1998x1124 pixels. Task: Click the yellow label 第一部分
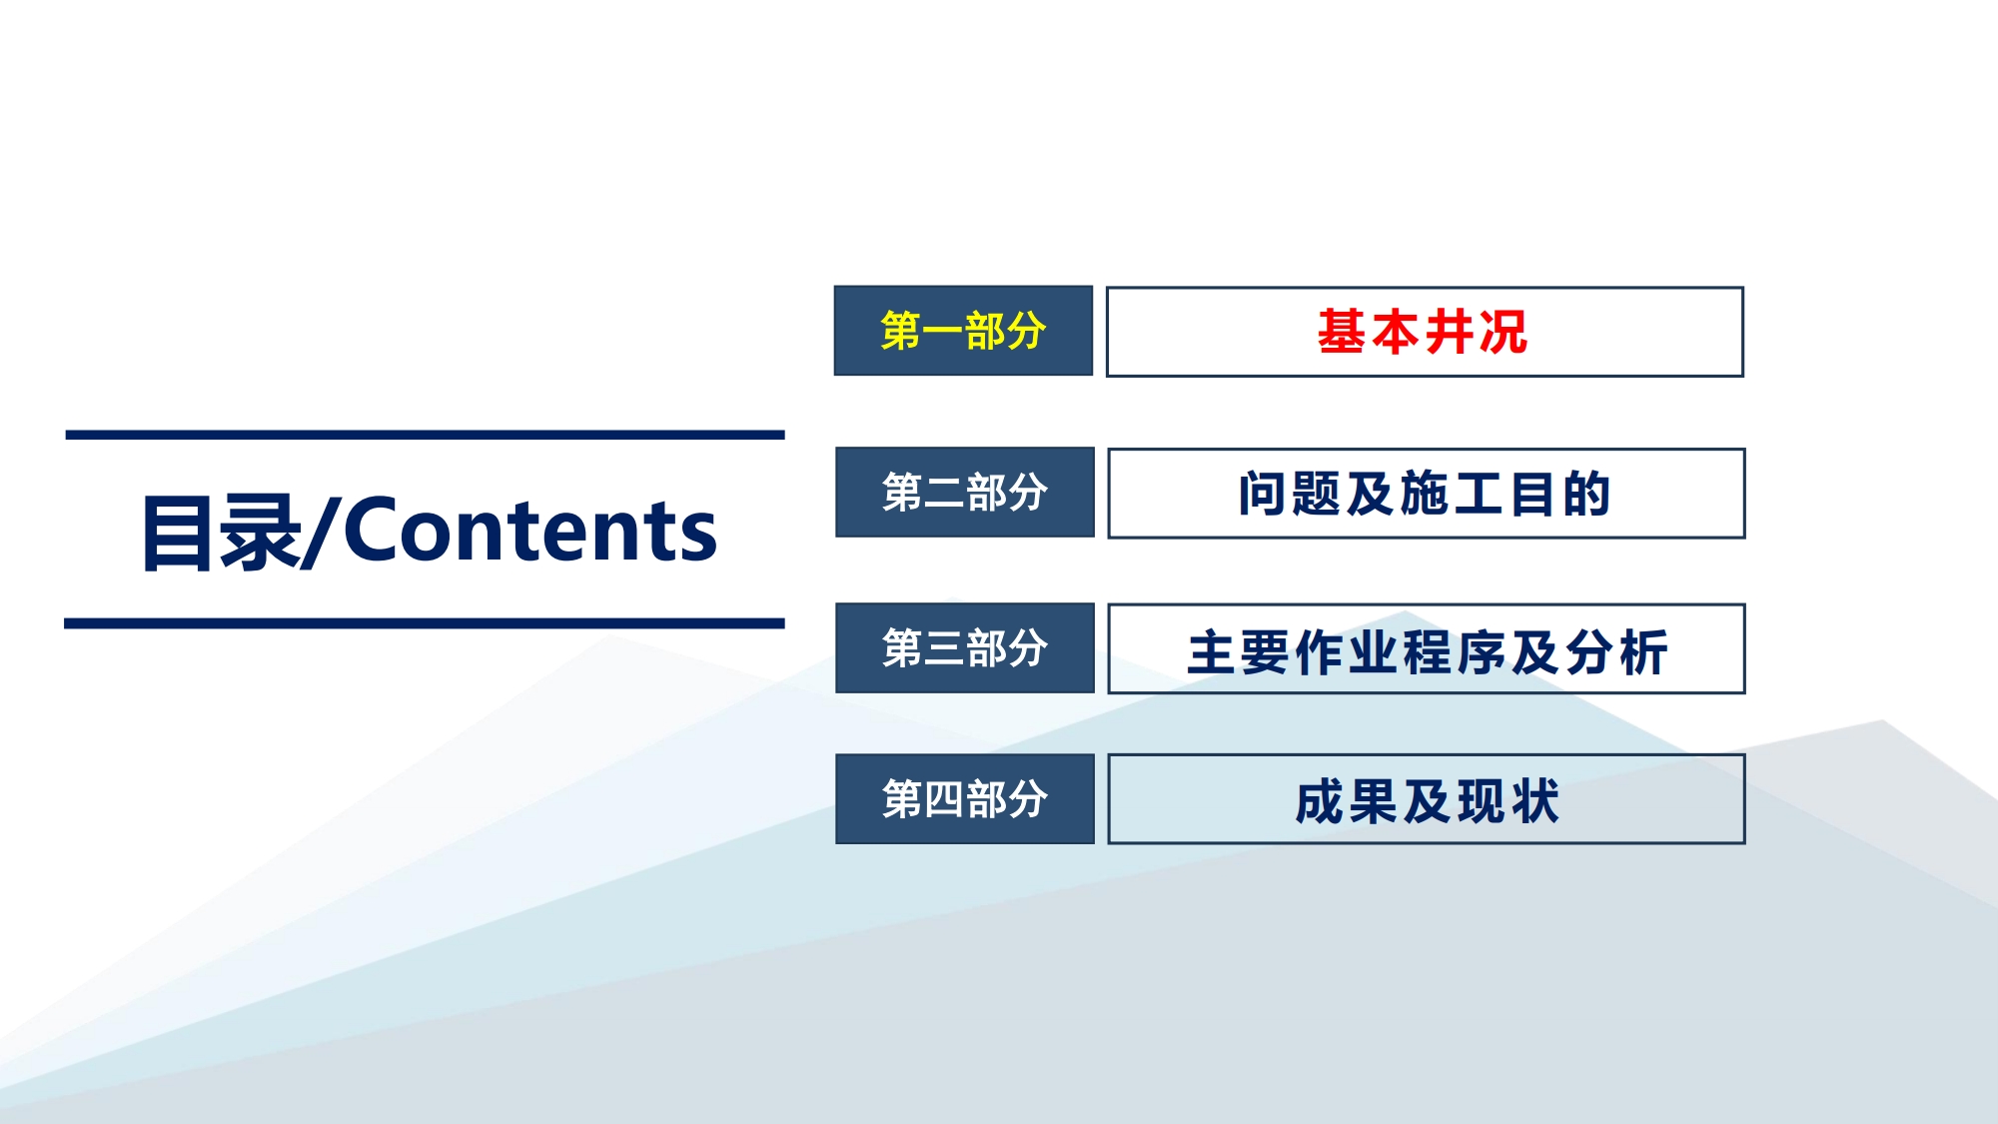(x=963, y=331)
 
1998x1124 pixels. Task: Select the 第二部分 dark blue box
(x=965, y=492)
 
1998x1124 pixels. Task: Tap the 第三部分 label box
(x=965, y=647)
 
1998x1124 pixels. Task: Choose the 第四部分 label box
(x=965, y=798)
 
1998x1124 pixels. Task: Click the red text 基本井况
(x=1423, y=332)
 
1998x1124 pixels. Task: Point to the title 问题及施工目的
(x=1425, y=494)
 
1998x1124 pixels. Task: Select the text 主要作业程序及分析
(x=1428, y=652)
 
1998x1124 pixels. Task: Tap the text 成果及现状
(x=1427, y=801)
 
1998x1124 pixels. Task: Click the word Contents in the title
(x=530, y=531)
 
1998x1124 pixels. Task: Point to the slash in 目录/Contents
(x=320, y=532)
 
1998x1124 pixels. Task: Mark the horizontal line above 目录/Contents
(x=425, y=435)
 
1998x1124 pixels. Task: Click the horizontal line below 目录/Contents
(x=425, y=623)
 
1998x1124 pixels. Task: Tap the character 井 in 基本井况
(x=1450, y=332)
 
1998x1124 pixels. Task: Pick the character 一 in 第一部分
(x=942, y=332)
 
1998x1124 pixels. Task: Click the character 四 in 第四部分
(x=944, y=799)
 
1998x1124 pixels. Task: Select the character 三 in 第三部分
(x=944, y=648)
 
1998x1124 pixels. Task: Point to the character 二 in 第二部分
(x=944, y=493)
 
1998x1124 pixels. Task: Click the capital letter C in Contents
(x=374, y=531)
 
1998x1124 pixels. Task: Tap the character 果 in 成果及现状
(x=1374, y=801)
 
